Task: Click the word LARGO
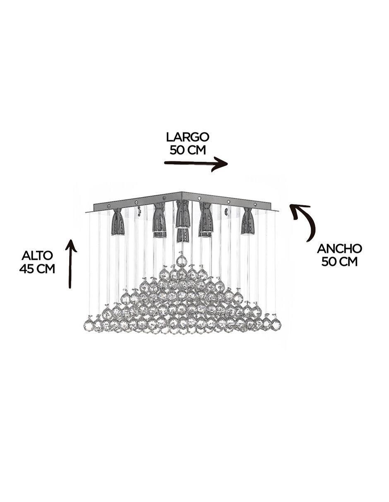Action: tap(187, 137)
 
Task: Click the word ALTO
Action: tap(37, 256)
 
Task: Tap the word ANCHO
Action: tap(339, 249)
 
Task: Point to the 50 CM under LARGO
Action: tap(187, 150)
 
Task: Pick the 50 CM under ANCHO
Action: tap(339, 262)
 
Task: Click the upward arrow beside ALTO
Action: tap(71, 263)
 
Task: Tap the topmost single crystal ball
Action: tap(182, 261)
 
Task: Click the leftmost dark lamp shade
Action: tap(118, 222)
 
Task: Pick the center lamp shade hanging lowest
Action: tap(182, 235)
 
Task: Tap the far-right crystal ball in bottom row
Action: tap(276, 323)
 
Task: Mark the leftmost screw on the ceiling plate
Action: tap(108, 206)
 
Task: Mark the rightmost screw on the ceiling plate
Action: tap(255, 204)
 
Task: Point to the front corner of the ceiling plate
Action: tap(182, 193)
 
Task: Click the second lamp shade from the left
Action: tap(159, 219)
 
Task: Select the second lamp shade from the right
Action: tap(205, 219)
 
